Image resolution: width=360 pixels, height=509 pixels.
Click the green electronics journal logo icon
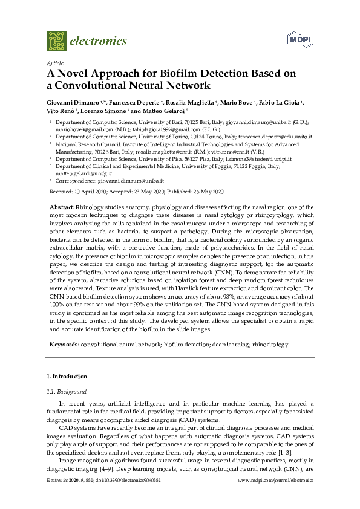[56, 41]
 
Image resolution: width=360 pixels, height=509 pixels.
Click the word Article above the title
[54, 63]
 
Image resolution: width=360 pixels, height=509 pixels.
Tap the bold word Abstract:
[62, 207]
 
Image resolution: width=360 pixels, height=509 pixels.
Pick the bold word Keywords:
[64, 343]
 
